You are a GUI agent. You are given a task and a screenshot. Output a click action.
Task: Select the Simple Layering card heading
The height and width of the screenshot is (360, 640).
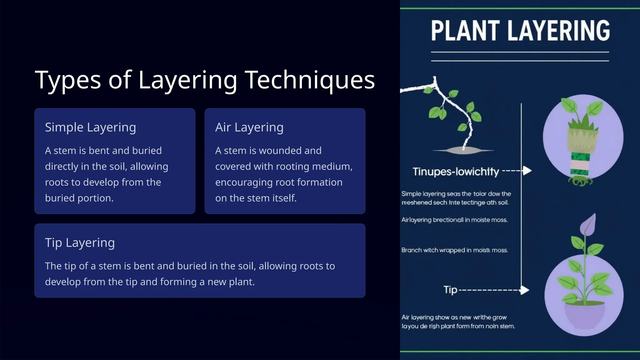click(x=90, y=127)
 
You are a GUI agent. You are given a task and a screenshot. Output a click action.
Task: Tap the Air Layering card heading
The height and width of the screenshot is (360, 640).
click(x=249, y=127)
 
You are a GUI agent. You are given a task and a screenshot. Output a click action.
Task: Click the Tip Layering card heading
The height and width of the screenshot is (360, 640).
click(x=80, y=242)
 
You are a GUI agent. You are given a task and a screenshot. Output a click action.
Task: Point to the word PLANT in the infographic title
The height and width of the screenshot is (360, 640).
click(x=465, y=31)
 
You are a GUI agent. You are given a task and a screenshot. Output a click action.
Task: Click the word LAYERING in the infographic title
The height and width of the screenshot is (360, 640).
click(x=558, y=31)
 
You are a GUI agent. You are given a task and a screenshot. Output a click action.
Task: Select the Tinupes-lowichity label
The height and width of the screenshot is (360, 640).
click(x=456, y=172)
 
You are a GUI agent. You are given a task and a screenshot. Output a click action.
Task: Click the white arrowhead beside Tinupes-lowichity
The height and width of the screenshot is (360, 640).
click(x=527, y=171)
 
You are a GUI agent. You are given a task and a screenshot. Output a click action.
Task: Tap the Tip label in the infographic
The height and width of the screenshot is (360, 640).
click(x=450, y=290)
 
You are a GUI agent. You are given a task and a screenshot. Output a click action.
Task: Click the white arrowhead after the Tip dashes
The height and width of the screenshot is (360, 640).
click(x=525, y=290)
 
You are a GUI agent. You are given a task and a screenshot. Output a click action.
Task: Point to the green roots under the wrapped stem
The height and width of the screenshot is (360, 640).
click(x=581, y=181)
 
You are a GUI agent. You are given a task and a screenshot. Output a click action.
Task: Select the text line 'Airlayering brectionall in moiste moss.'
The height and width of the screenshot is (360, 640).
click(x=454, y=220)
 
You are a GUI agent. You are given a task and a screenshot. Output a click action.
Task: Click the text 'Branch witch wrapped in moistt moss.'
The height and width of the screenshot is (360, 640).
click(x=454, y=250)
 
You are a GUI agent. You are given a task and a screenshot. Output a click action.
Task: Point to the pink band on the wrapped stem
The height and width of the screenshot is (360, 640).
click(x=580, y=164)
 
